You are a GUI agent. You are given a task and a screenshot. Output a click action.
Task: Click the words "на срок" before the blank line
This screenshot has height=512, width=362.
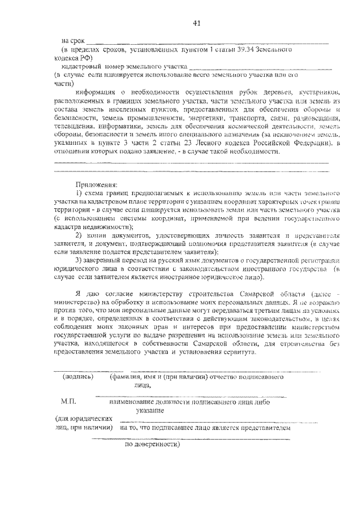coord(73,41)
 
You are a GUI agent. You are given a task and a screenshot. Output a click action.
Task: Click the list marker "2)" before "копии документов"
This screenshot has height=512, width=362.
coord(79,234)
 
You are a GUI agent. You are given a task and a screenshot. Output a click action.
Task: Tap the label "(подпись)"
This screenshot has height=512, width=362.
coord(77,376)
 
